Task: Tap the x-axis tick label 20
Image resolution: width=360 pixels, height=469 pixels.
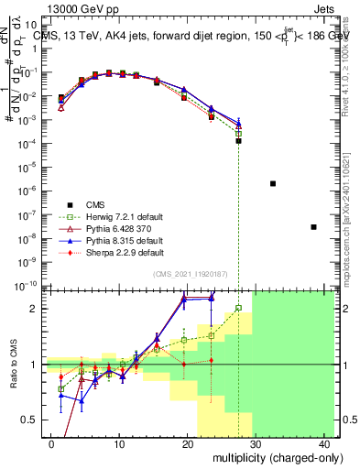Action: [x=187, y=443]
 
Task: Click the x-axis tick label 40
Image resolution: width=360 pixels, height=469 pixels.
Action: [x=323, y=443]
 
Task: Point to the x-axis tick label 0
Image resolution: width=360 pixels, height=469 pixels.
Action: [x=51, y=443]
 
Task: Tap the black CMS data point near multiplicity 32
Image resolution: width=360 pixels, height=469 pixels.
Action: [x=273, y=183]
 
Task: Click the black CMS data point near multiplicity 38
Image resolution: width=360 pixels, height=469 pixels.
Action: [x=313, y=227]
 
